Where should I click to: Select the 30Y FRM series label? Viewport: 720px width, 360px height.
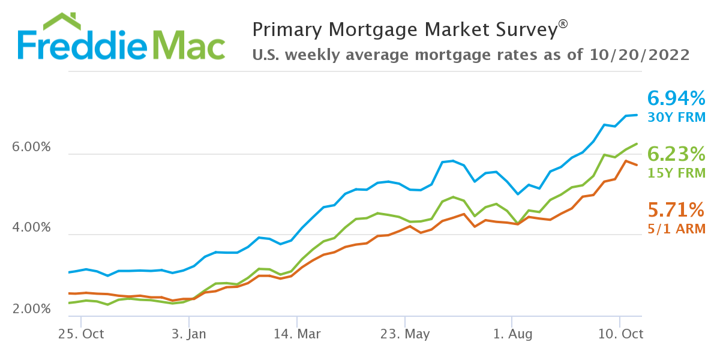676,118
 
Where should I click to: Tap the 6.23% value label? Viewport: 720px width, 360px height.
676,155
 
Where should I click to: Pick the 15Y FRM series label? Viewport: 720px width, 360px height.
676,174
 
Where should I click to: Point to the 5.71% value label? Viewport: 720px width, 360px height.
676,210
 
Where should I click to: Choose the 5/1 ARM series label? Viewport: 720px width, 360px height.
676,229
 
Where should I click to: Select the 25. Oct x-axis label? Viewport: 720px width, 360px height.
82,334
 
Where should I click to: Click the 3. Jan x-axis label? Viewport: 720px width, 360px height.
189,334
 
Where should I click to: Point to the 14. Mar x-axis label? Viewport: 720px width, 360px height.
297,334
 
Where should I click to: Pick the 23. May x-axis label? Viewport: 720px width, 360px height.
406,334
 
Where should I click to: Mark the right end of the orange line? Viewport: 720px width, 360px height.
637,165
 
